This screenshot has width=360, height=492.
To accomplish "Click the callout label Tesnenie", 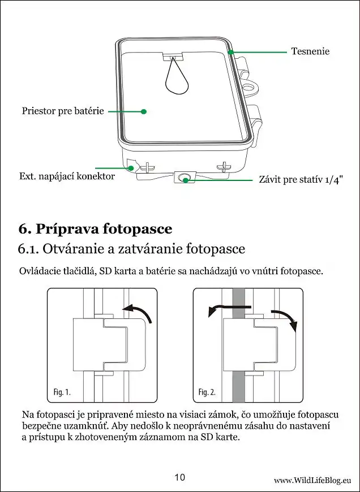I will (310, 51).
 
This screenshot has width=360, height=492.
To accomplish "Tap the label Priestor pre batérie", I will (63, 111).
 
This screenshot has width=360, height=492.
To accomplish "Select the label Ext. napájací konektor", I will (67, 176).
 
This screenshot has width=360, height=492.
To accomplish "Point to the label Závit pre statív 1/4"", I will (301, 180).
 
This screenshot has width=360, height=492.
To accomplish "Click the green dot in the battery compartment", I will (144, 111).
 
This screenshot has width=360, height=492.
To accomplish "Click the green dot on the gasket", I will (231, 52).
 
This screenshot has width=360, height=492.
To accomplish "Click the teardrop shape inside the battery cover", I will (177, 79).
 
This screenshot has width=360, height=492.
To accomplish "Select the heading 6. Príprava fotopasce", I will (95, 229).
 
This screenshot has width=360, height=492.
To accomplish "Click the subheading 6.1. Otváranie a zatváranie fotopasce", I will (131, 249).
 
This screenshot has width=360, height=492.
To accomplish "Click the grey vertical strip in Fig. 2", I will (238, 385).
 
